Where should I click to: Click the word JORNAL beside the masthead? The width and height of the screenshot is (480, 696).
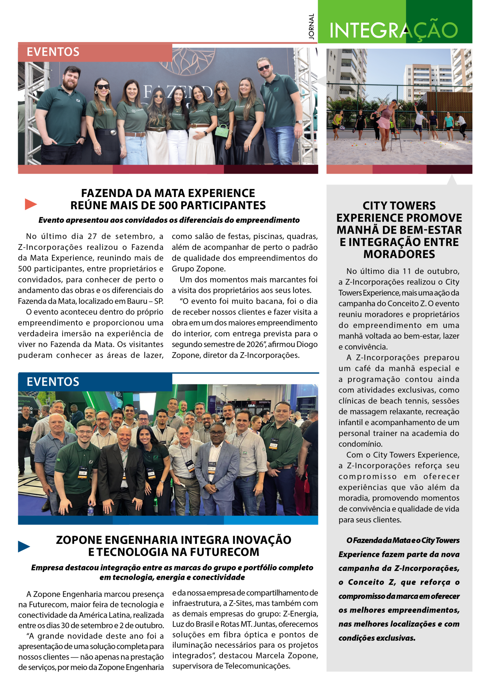pos(311,26)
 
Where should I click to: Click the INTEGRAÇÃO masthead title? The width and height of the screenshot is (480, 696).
pos(393,30)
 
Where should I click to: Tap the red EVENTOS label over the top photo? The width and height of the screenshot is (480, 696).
pos(53,52)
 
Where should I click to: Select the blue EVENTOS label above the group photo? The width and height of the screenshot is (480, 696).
pos(53,382)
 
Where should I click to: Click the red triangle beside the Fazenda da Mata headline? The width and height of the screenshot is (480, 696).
pos(31,204)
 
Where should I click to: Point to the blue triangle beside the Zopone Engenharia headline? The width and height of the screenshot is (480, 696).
pos(24,546)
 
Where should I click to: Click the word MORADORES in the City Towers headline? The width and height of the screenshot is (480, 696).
pos(399,254)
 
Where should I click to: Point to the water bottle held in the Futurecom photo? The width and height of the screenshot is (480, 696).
pos(91,510)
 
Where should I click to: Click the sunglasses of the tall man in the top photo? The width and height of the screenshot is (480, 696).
pos(264,67)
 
